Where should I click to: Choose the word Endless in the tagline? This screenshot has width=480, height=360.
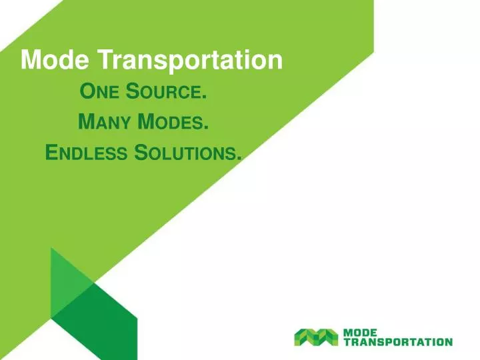86,153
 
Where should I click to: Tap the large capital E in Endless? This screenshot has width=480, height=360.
51,153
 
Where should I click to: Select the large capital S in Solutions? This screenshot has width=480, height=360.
141,153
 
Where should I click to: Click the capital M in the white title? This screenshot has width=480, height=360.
31,61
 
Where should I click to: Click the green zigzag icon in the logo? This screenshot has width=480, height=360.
317,337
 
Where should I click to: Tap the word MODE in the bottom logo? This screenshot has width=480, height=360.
360,332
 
